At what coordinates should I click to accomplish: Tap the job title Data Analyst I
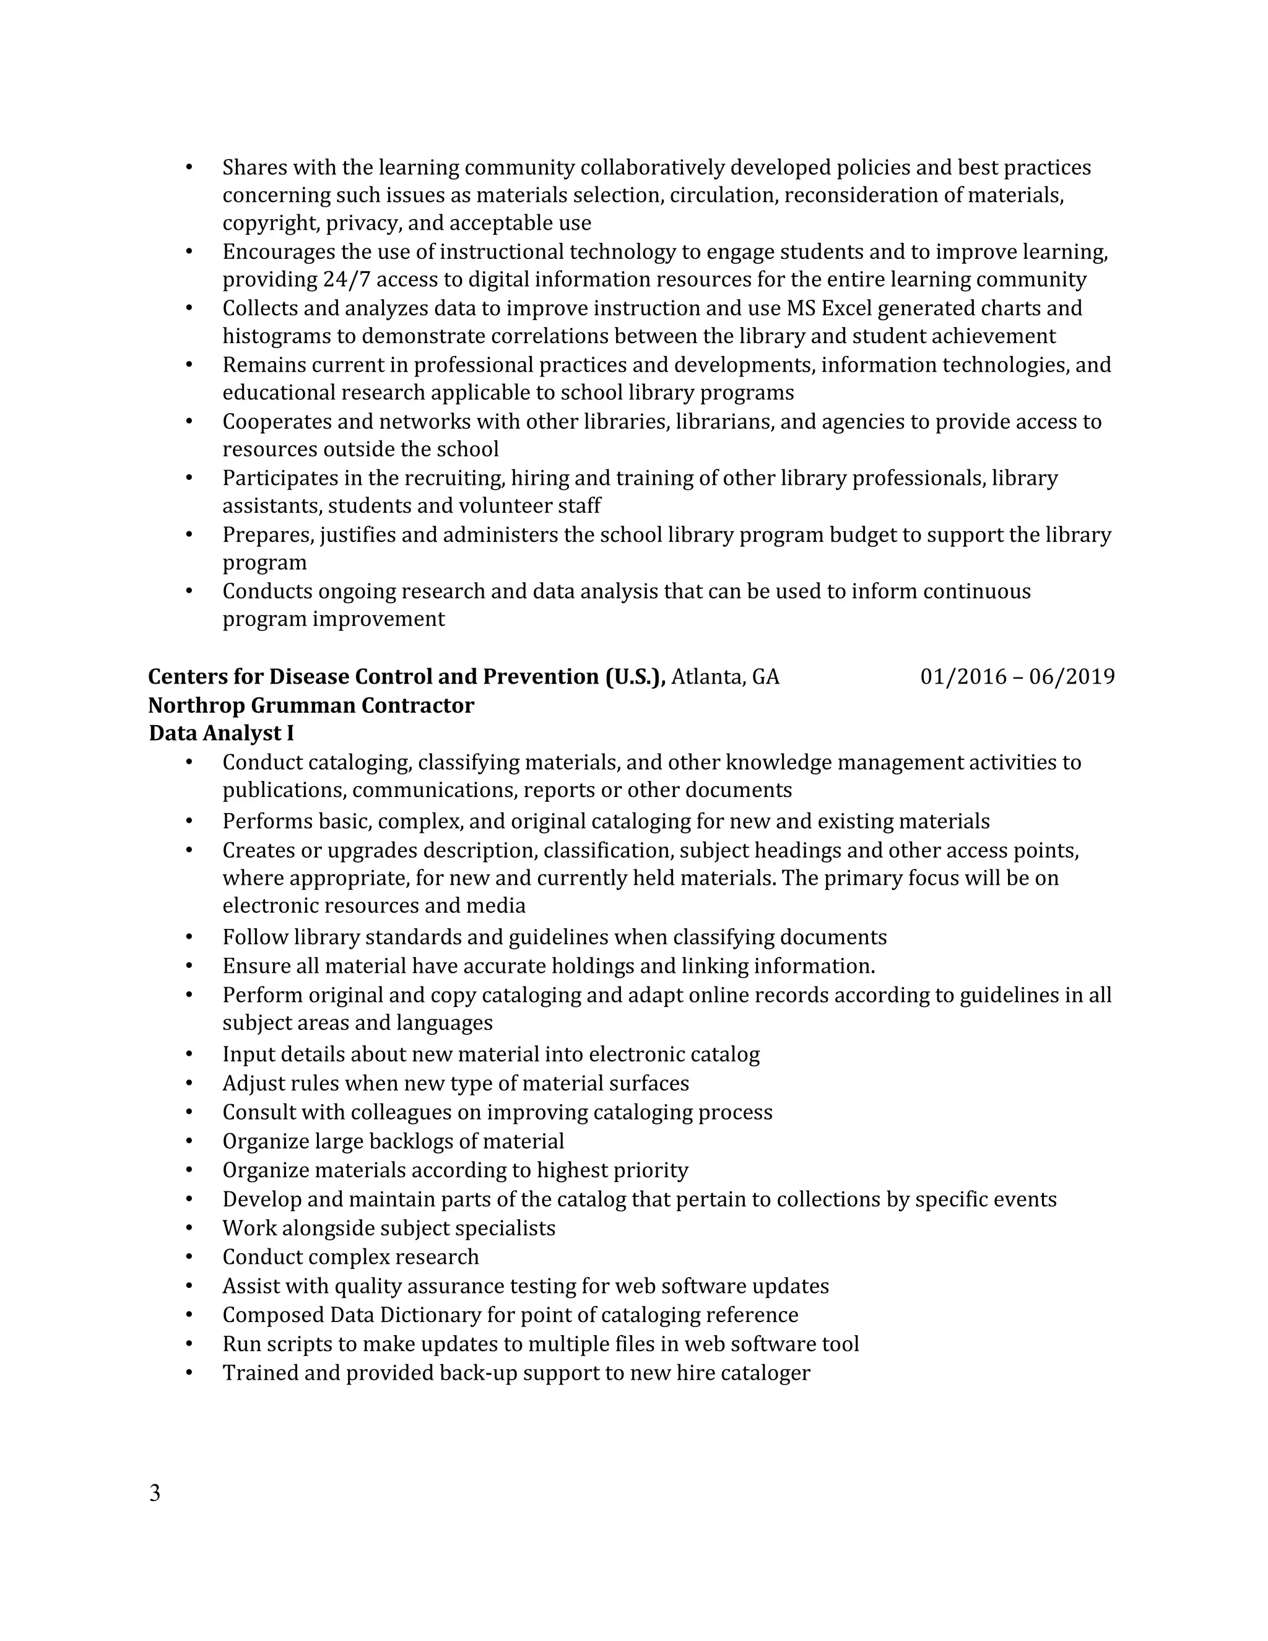[x=221, y=733]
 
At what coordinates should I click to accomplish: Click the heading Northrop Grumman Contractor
[x=311, y=705]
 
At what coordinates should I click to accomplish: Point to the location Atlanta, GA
[x=725, y=677]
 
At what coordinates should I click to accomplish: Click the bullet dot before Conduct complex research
[x=189, y=1257]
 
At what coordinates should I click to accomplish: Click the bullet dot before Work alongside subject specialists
[x=189, y=1228]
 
